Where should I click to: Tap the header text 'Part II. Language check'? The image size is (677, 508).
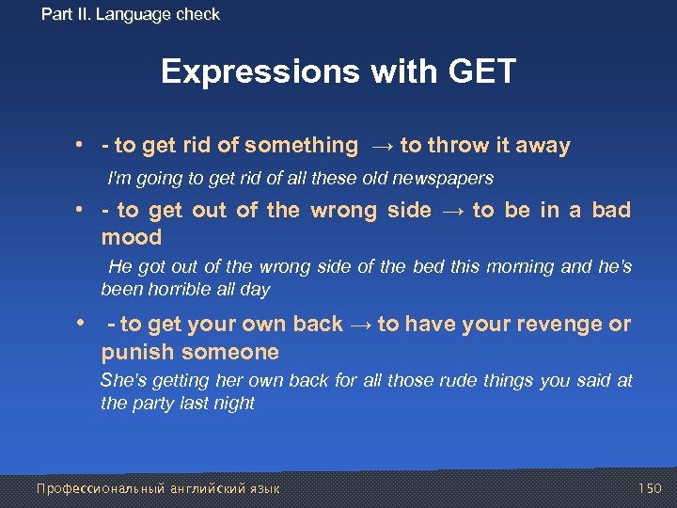[131, 14]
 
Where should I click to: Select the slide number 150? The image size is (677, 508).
[649, 488]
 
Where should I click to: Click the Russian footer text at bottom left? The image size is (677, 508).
[157, 488]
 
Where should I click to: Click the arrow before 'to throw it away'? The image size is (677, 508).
[379, 146]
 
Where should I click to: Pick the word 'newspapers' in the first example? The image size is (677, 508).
[449, 178]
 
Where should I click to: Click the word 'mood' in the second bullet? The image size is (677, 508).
[132, 237]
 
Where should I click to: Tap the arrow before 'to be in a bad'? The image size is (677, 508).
[451, 211]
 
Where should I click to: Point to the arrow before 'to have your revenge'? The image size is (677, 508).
[360, 325]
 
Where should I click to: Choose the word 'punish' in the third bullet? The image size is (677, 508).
[140, 353]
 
